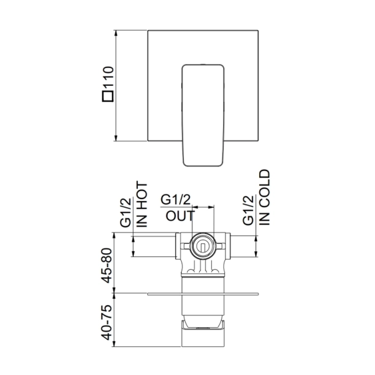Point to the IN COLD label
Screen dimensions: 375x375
click(264, 198)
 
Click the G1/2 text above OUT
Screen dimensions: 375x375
click(175, 200)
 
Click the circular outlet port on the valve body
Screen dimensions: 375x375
click(201, 246)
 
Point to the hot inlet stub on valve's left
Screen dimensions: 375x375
click(165, 246)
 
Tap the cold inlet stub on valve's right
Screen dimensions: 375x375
click(237, 246)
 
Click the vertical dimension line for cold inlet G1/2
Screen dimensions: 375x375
click(256, 246)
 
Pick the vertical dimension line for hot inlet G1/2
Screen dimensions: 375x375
click(134, 246)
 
